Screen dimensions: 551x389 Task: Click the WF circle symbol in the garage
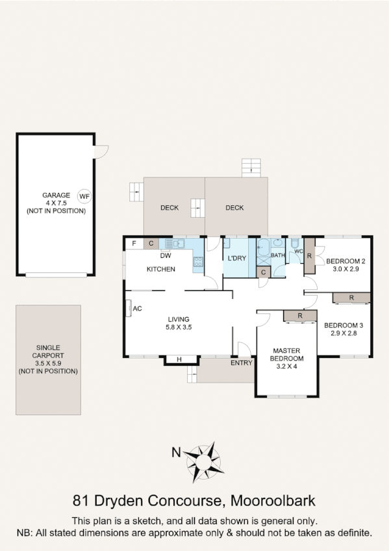(84, 196)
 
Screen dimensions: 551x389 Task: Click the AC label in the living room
(137, 309)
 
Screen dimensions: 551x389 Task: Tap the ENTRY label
(241, 363)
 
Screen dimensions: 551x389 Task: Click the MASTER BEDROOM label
(286, 355)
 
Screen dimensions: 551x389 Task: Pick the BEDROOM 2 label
(345, 261)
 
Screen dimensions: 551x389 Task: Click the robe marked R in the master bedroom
(299, 316)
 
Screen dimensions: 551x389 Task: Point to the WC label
(298, 251)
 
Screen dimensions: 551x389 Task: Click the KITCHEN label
(160, 269)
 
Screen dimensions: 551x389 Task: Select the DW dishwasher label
(166, 255)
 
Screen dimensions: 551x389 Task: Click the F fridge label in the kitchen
(134, 244)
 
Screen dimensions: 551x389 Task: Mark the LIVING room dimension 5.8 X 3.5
(179, 327)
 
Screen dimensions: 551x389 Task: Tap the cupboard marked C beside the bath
(263, 273)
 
